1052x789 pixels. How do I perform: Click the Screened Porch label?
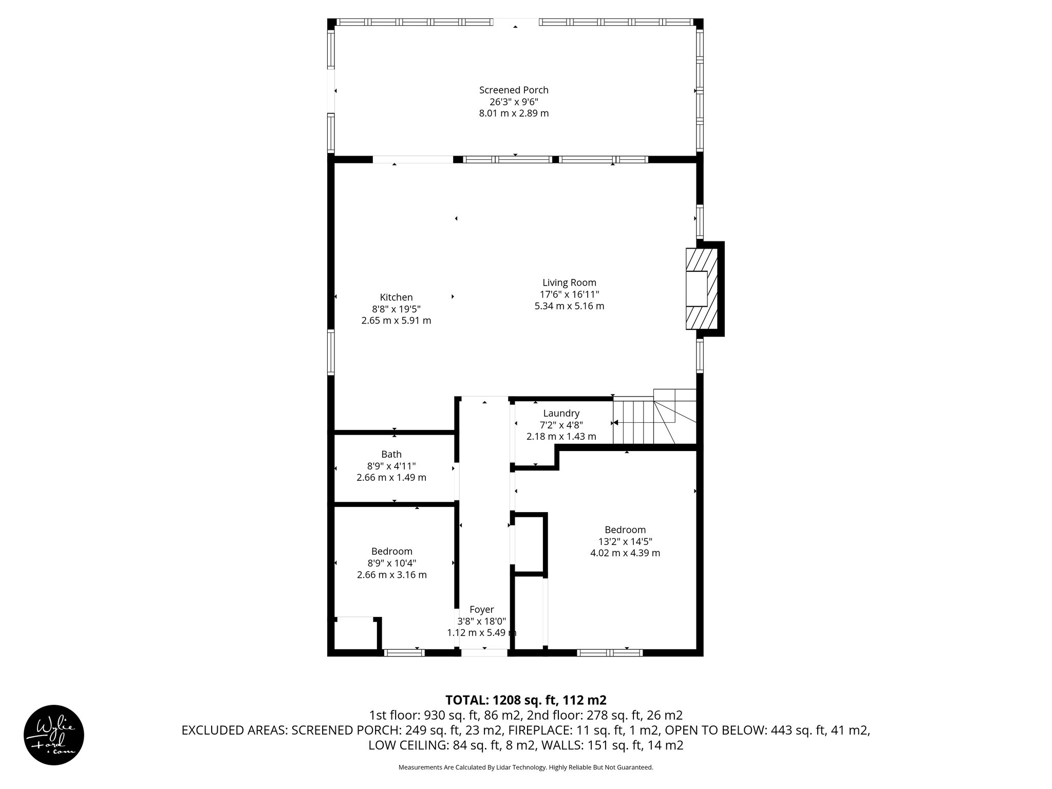514,90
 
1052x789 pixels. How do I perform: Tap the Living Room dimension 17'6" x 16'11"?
569,294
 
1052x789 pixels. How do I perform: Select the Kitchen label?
396,297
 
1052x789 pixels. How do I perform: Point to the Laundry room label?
561,413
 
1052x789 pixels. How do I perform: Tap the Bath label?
391,454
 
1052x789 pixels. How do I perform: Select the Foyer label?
481,609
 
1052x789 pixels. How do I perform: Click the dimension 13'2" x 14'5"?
625,541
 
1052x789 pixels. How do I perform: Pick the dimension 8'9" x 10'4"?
391,563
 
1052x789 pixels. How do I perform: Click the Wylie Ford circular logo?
53,735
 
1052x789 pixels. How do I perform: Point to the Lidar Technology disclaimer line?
525,767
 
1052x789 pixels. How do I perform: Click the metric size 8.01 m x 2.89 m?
514,113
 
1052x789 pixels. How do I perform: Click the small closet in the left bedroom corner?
354,635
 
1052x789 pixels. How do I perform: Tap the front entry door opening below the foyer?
483,652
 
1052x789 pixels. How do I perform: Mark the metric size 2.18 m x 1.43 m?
561,437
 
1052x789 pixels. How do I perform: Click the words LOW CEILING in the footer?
407,745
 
